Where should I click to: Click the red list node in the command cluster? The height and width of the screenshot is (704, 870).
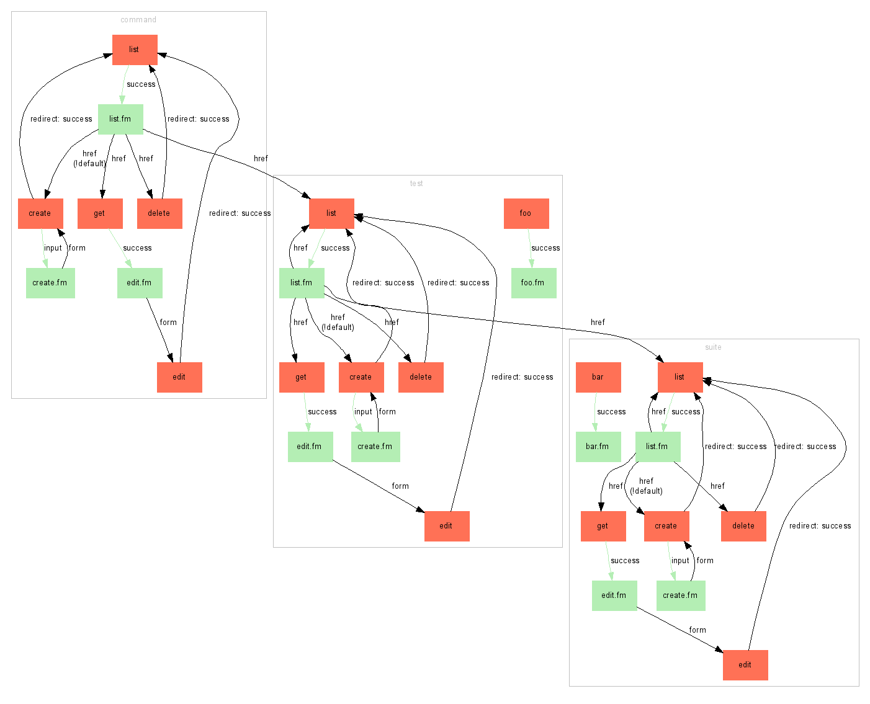point(135,50)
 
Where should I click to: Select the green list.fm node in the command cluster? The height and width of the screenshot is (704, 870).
point(120,119)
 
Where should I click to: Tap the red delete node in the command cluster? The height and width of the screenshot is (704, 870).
point(159,213)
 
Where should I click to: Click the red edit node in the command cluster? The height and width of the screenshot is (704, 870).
point(179,377)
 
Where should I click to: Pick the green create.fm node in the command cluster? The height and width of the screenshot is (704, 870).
point(50,283)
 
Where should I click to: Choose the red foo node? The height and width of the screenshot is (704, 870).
point(526,213)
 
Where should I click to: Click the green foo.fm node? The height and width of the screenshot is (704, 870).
point(534,283)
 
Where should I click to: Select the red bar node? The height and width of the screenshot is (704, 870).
point(598,377)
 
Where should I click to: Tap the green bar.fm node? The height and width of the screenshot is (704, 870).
point(598,447)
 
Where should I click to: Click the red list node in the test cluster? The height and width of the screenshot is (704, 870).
point(331,213)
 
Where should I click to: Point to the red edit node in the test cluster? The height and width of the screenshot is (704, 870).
point(447,526)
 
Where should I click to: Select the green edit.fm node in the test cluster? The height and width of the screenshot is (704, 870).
point(310,447)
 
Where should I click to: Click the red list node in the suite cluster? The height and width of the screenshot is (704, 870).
point(680,377)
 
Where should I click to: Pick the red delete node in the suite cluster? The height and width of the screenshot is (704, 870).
point(743,526)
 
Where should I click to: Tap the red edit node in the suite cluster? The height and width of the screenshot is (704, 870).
point(745,665)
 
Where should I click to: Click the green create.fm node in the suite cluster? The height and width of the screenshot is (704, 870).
point(681,595)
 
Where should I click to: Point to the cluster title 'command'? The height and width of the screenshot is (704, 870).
point(138,20)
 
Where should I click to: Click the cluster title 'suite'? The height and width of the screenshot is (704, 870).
point(713,347)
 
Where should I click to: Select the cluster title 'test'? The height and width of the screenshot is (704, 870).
point(416,184)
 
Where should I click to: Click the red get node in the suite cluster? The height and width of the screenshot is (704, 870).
point(603,526)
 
